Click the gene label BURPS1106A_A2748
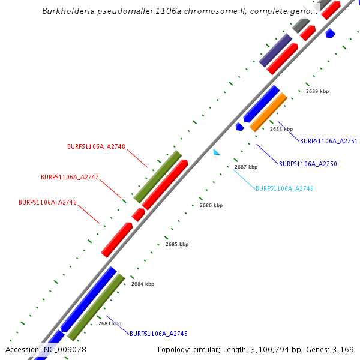click(x=96, y=146)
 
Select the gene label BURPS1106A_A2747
click(x=70, y=177)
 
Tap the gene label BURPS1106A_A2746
click(x=47, y=203)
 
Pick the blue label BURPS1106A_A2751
click(x=328, y=142)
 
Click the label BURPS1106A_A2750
click(x=308, y=164)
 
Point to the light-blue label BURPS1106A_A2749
click(x=284, y=188)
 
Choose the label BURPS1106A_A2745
click(x=158, y=334)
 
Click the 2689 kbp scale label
click(x=317, y=91)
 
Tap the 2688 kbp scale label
click(x=281, y=129)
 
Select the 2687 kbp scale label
click(x=245, y=167)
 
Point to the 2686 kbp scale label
click(x=211, y=205)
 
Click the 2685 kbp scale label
click(x=176, y=244)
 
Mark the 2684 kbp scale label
click(x=142, y=284)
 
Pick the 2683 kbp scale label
click(x=109, y=323)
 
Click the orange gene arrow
click(x=268, y=112)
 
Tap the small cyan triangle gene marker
click(x=216, y=152)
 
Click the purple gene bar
click(x=275, y=50)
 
